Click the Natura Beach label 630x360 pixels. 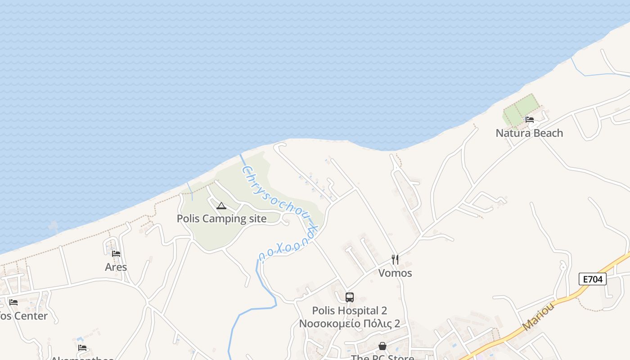point(529,133)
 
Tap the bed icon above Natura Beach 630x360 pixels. point(530,120)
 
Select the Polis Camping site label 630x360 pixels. point(221,219)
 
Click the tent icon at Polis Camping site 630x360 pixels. point(221,206)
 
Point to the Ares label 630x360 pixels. point(116,267)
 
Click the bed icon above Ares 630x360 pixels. point(116,254)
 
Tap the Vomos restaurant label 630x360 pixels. point(395,273)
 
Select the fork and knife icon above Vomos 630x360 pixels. point(395,260)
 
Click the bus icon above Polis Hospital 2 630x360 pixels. point(350,297)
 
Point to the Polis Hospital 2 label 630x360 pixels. point(350,311)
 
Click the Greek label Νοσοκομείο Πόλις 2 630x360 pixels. point(350,324)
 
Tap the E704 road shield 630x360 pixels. point(593,279)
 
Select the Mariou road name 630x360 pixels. point(538,317)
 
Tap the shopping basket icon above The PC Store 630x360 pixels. point(382,346)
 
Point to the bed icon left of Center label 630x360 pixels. point(13,302)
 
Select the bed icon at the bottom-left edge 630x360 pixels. point(82,348)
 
